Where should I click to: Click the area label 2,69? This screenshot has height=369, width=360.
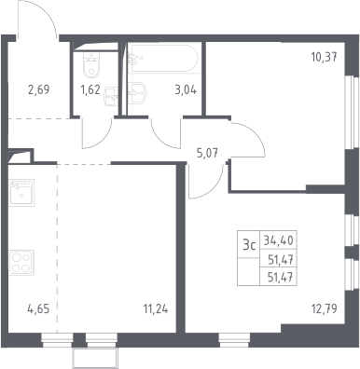(38, 90)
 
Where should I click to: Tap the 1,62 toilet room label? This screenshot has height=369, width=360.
(90, 90)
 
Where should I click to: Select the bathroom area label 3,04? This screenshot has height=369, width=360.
(186, 90)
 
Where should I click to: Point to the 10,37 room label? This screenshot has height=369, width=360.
(325, 57)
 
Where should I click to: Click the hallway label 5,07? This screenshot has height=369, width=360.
(207, 153)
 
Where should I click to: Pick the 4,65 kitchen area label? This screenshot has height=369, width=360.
(38, 309)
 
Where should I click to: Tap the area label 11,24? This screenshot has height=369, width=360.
(156, 309)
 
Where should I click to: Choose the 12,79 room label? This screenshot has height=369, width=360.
(325, 309)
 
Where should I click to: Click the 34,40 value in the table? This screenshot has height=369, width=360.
(279, 240)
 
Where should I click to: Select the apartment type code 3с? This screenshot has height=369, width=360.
(249, 246)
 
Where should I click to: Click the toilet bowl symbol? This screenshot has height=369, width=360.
(91, 64)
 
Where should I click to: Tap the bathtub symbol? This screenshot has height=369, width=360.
(163, 59)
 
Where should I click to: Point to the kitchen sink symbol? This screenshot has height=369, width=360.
(21, 193)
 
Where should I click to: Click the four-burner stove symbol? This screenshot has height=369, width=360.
(21, 263)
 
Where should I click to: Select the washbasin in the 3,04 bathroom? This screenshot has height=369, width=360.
(137, 92)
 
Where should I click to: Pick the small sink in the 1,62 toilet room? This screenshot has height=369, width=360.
(111, 96)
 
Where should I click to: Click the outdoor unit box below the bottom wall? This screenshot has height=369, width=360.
(95, 358)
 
